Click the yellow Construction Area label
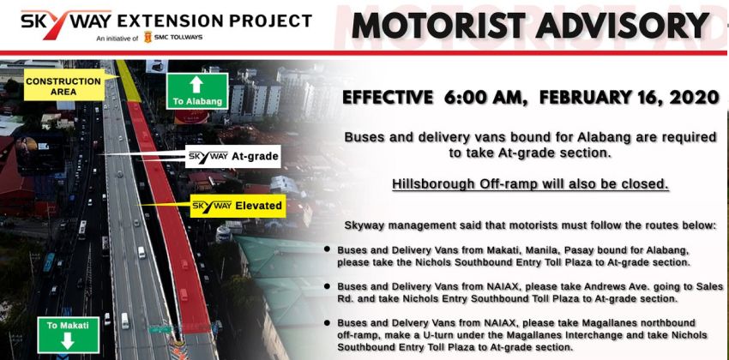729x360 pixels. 64,86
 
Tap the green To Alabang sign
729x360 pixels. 197,91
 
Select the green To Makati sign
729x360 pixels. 68,334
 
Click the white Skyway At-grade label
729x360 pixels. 233,157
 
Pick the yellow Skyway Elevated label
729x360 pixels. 238,206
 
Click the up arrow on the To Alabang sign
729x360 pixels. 196,84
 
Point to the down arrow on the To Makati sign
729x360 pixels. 68,341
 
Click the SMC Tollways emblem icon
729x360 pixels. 148,37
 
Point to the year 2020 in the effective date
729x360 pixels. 694,98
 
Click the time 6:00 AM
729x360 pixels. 485,98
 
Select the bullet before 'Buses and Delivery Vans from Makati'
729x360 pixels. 328,249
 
